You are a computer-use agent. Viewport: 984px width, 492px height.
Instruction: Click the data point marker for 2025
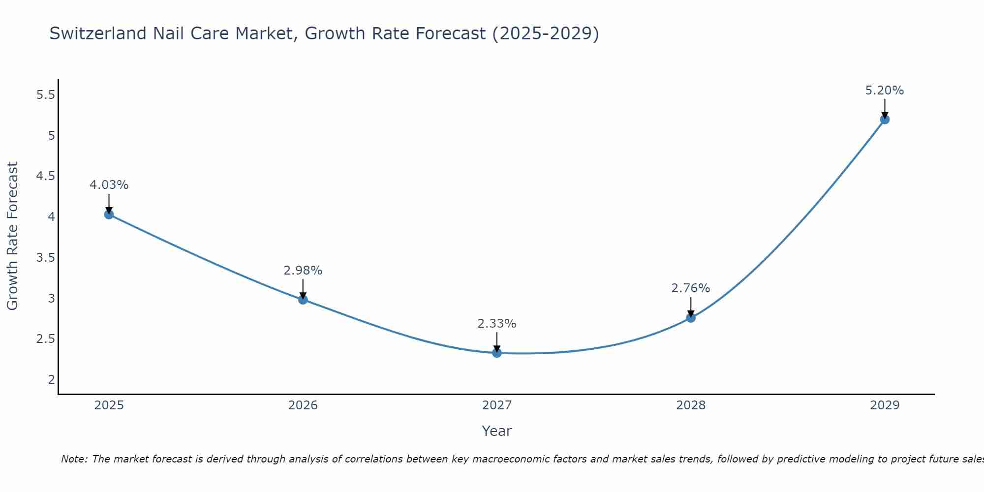(109, 215)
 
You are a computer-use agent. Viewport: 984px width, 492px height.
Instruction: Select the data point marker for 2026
(303, 300)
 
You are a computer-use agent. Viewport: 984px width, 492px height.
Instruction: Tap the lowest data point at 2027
(497, 353)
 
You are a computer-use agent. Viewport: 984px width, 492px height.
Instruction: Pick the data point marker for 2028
(691, 318)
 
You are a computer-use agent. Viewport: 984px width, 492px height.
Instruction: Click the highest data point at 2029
(885, 120)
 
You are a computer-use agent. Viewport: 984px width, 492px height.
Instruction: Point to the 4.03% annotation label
(109, 185)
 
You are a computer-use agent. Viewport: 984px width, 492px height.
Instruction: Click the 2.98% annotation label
(303, 271)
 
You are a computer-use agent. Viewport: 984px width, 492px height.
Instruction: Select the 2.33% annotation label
(497, 324)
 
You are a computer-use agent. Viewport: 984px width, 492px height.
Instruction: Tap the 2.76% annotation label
(691, 288)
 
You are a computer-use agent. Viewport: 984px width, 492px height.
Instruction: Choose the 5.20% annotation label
(885, 91)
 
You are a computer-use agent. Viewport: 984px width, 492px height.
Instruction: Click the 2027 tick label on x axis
(497, 405)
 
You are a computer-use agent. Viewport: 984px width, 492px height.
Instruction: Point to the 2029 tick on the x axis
(885, 405)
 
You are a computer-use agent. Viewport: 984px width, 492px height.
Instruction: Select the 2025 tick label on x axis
(109, 405)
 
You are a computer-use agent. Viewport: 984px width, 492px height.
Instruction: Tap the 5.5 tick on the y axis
(46, 95)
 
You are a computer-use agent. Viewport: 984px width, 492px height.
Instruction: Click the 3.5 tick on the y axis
(46, 258)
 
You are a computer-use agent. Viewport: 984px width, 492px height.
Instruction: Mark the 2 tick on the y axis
(51, 379)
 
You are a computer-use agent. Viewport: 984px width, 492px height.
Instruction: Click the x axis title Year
(497, 431)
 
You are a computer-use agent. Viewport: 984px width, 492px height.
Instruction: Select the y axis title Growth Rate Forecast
(13, 236)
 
